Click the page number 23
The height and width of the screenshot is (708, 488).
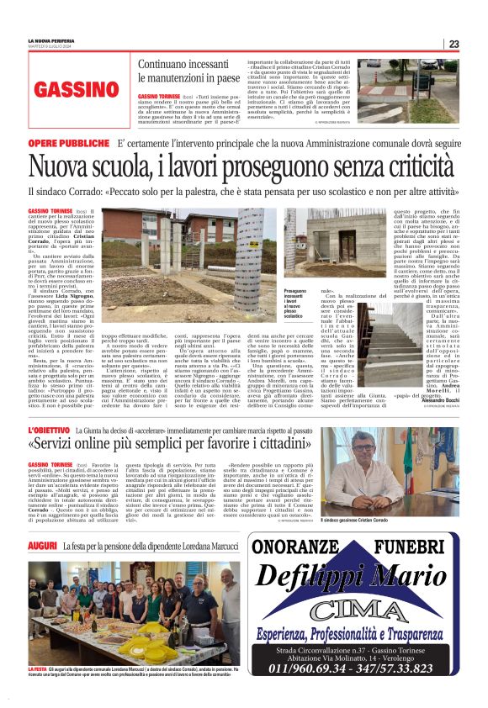(454, 44)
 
